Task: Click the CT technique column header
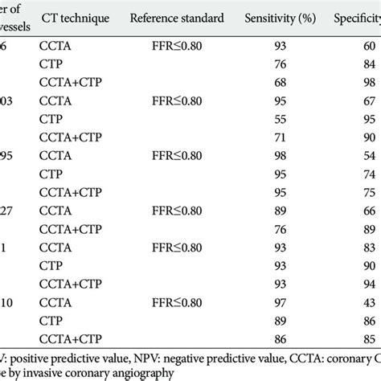coord(76,17)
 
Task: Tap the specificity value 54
coord(367,153)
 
